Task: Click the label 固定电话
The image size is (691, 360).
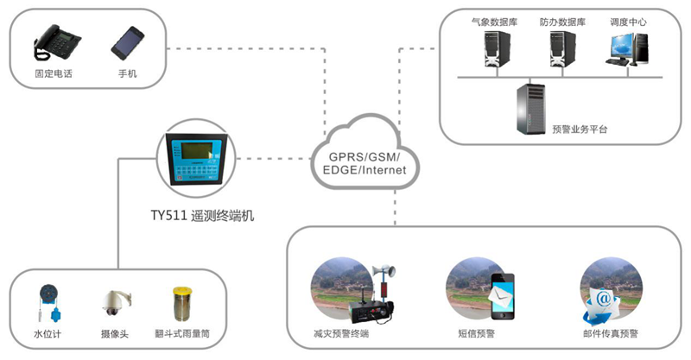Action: (54, 74)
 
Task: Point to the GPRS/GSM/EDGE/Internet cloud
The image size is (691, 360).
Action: (364, 161)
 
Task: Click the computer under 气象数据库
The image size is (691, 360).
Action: (495, 48)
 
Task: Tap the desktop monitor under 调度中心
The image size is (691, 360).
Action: (627, 48)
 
